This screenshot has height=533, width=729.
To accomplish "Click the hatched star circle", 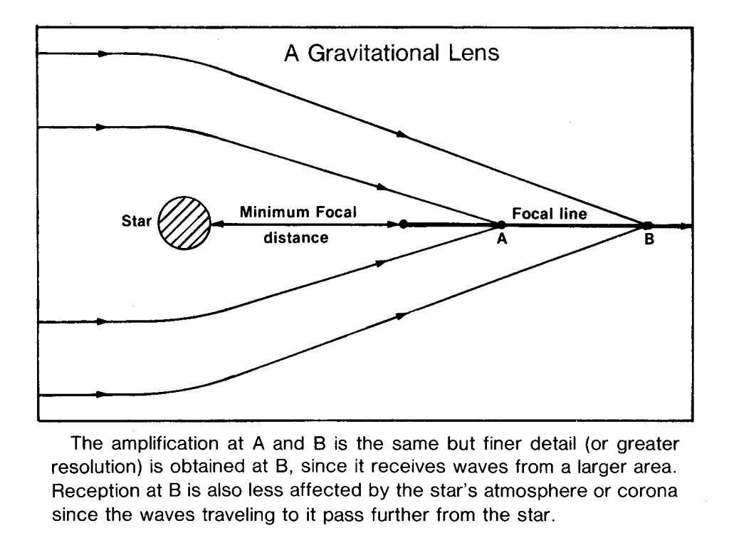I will click(x=184, y=223).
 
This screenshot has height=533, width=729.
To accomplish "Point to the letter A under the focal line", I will click(x=501, y=240).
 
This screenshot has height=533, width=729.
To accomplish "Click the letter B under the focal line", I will click(x=649, y=240).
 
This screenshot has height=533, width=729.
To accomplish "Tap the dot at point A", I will click(x=501, y=225).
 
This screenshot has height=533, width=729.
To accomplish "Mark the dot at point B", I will click(x=648, y=226).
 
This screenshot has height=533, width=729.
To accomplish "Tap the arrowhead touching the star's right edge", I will click(x=216, y=224).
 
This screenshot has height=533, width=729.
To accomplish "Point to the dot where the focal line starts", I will click(x=403, y=224).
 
